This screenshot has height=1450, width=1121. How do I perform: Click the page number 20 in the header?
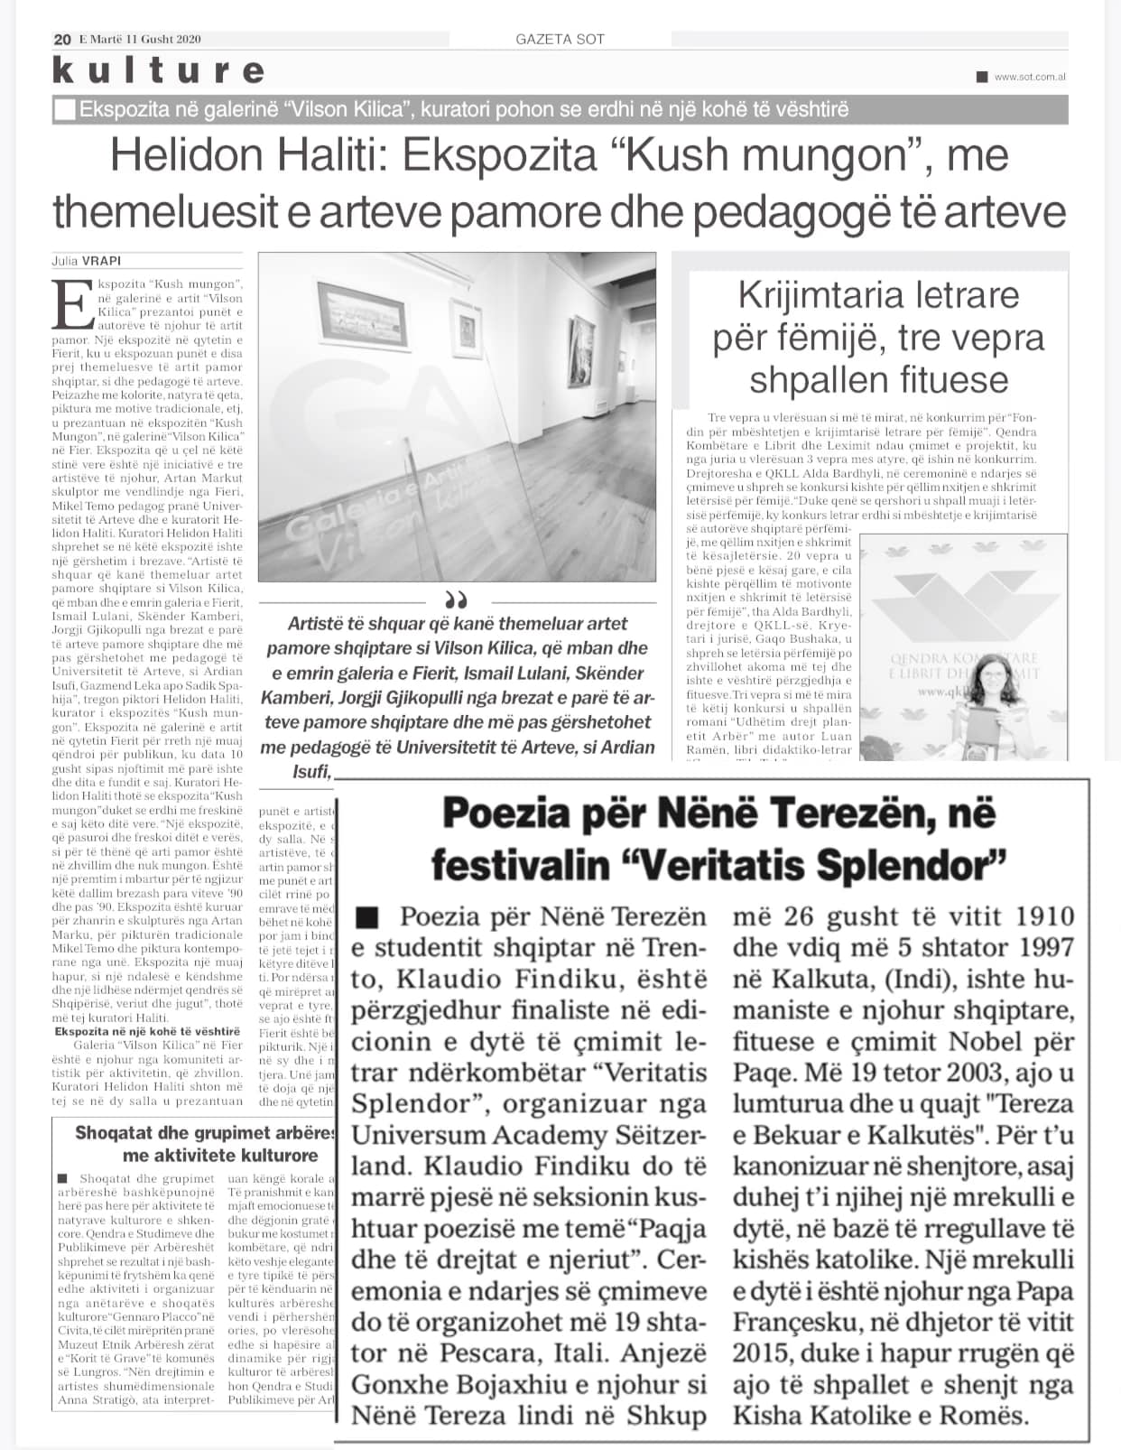[62, 39]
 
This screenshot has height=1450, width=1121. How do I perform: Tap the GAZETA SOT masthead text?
[560, 39]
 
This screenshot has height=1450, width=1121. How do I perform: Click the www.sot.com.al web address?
[1030, 77]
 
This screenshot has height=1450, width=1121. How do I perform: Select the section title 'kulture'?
[159, 70]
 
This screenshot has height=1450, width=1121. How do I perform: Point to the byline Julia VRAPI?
[86, 262]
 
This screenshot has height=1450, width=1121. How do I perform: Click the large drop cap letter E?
[69, 305]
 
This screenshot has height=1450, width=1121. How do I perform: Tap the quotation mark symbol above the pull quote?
[457, 600]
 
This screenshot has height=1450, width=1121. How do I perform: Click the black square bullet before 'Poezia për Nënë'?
[366, 918]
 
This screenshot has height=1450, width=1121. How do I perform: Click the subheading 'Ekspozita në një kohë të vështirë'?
[148, 1031]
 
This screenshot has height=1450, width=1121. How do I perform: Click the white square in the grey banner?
[65, 110]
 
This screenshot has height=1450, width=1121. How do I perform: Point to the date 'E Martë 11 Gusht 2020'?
[140, 39]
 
